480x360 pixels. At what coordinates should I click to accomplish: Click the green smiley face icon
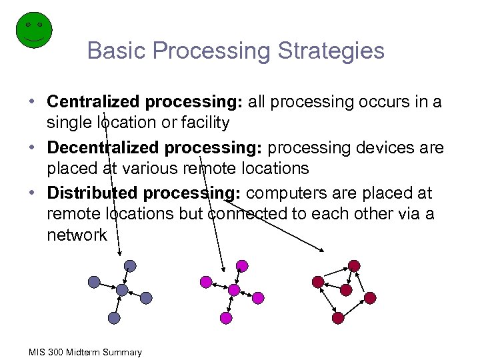point(33,29)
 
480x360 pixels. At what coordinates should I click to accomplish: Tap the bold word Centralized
point(93,102)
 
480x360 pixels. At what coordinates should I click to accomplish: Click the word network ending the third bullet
point(77,235)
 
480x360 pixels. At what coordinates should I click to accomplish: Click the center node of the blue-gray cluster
point(121,290)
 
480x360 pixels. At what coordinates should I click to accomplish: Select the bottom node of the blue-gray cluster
point(114,319)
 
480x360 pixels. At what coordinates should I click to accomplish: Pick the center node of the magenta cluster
point(233,290)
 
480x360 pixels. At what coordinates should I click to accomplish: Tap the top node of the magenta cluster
point(241,266)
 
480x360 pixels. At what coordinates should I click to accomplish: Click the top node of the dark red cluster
point(354,266)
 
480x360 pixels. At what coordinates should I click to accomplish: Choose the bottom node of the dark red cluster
point(338,319)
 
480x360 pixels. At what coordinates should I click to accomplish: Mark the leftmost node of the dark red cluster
point(318,282)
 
